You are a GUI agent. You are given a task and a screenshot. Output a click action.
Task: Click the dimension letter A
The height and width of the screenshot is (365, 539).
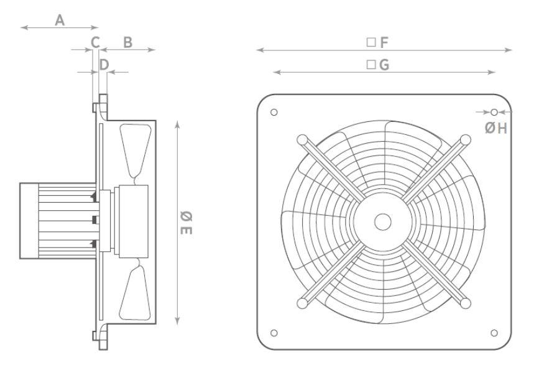click(x=60, y=21)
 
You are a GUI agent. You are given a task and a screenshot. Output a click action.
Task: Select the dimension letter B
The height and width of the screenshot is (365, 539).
click(x=127, y=42)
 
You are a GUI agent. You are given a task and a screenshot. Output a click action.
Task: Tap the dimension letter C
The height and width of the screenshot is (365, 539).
click(x=96, y=42)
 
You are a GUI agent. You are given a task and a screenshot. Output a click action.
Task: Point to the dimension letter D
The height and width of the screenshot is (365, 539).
click(x=104, y=64)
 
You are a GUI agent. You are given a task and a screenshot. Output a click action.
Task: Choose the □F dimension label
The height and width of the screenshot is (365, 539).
click(x=377, y=42)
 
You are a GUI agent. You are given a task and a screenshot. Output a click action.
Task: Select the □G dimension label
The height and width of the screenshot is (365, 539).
click(x=377, y=65)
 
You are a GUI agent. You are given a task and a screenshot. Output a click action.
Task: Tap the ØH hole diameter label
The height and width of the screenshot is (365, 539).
click(x=497, y=128)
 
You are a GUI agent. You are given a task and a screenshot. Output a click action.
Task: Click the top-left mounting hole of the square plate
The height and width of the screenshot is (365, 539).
click(x=274, y=113)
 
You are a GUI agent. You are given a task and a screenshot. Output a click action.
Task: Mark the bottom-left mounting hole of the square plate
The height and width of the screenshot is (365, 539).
click(x=274, y=333)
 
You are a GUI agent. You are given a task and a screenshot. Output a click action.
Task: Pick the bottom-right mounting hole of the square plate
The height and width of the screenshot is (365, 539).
click(x=494, y=333)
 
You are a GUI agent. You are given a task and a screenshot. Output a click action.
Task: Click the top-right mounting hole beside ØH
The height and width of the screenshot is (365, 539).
click(x=494, y=113)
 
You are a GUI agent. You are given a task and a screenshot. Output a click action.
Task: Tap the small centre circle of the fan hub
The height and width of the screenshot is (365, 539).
click(x=383, y=221)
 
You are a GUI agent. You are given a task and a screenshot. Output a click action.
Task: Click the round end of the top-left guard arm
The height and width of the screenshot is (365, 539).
click(x=302, y=140)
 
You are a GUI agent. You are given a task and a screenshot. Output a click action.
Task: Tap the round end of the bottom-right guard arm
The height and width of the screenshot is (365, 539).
click(x=464, y=303)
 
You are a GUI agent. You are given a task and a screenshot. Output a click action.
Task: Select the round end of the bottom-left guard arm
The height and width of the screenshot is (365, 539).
click(x=302, y=303)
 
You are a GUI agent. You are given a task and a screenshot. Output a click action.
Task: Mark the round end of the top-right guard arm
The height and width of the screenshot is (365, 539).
click(x=464, y=140)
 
